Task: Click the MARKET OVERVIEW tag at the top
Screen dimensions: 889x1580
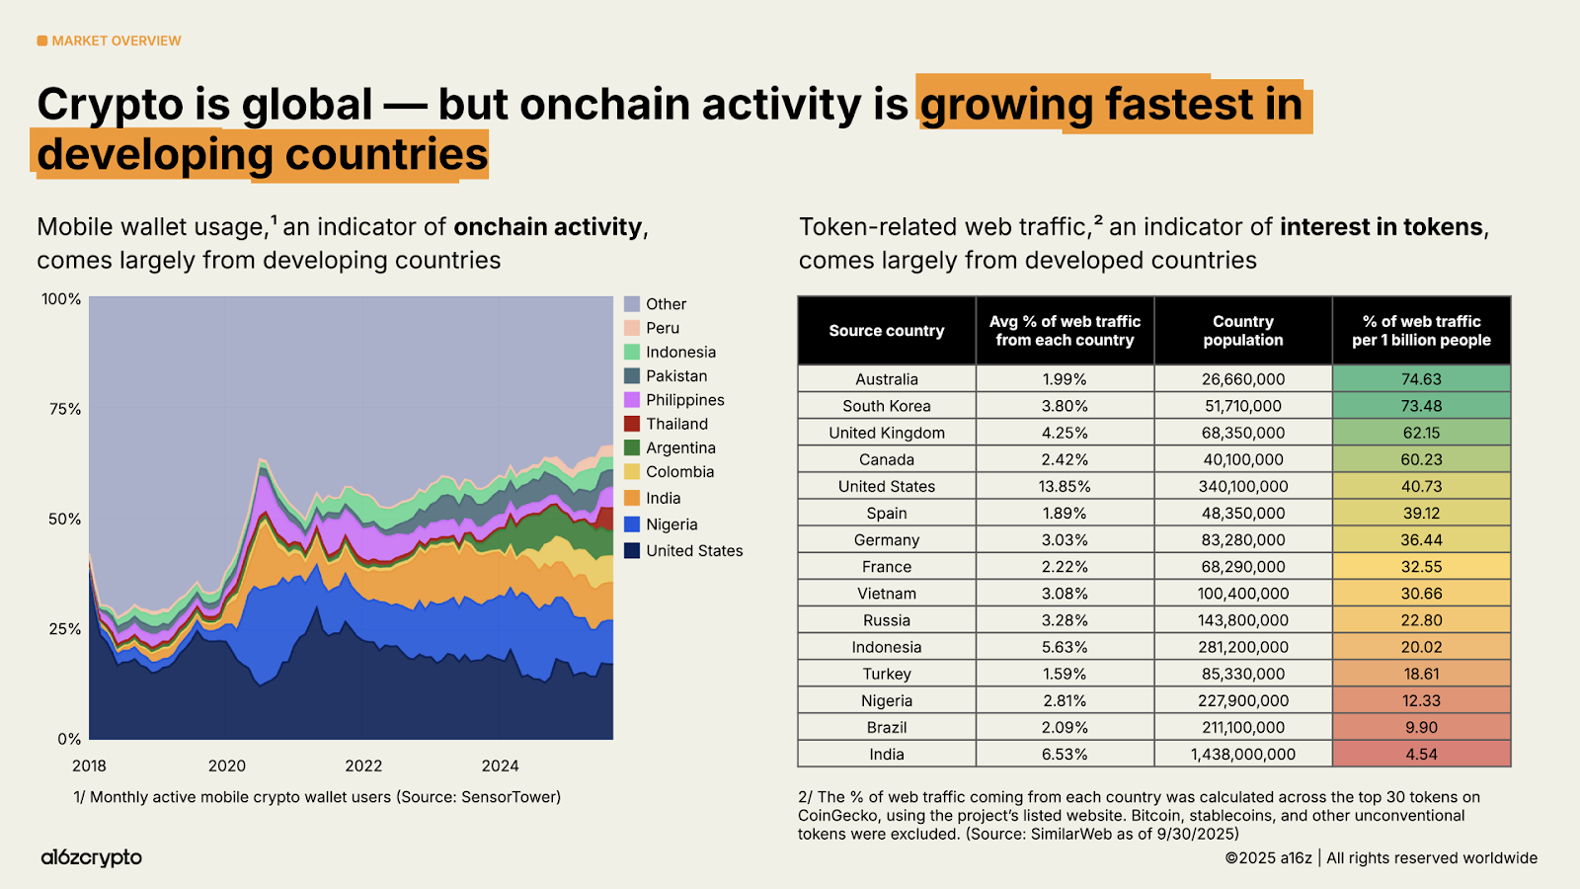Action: (x=110, y=40)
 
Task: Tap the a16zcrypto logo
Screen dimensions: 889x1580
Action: (x=91, y=857)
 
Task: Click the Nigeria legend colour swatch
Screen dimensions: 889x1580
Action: (x=632, y=525)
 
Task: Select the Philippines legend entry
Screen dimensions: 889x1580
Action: (x=684, y=400)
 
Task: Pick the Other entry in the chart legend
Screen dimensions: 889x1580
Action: (x=666, y=304)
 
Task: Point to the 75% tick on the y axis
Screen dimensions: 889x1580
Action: (x=65, y=409)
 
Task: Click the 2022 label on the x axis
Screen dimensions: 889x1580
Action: (x=363, y=766)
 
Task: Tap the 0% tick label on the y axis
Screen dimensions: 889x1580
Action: (x=69, y=739)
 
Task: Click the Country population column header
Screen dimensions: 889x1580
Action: (x=1242, y=331)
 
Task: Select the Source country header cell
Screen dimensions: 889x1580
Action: (x=886, y=331)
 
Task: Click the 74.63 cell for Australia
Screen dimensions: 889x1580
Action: (x=1421, y=379)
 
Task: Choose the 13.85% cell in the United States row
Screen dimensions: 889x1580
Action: (x=1065, y=486)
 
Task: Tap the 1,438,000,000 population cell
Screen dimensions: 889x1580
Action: (x=1242, y=754)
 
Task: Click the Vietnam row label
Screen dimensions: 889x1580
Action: (x=886, y=594)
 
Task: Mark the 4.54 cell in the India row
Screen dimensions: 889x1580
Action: (x=1421, y=754)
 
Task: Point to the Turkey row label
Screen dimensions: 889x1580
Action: (x=886, y=674)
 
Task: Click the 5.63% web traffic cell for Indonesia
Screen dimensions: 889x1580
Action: (x=1065, y=647)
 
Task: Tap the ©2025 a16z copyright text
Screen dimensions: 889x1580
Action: (x=1268, y=857)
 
